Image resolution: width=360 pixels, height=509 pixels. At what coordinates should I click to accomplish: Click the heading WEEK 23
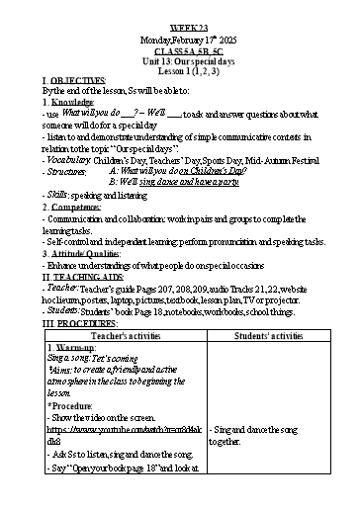(179, 10)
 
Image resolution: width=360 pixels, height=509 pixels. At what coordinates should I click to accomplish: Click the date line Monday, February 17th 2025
(179, 22)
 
